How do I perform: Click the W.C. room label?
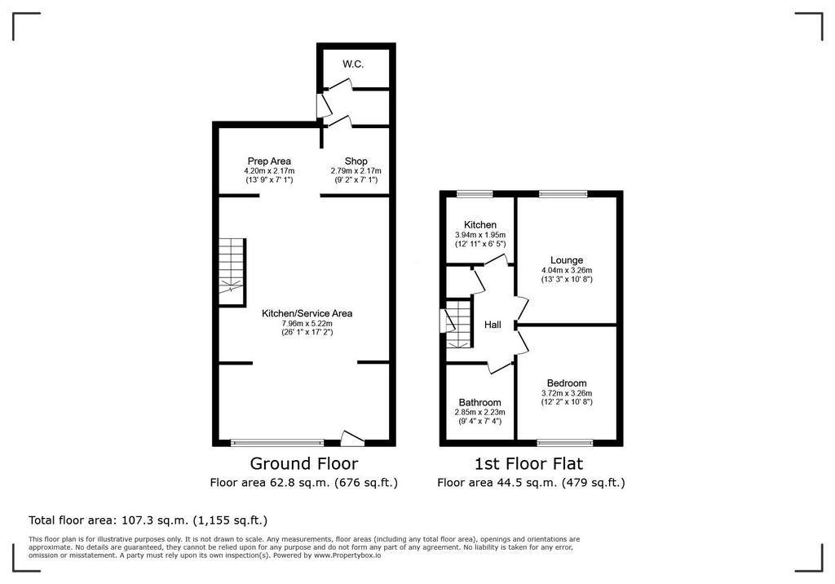pyautogui.click(x=353, y=64)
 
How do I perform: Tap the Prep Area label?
pyautogui.click(x=269, y=161)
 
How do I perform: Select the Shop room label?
pyautogui.click(x=356, y=161)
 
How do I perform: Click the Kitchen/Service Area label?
pyautogui.click(x=307, y=313)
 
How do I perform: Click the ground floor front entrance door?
pyautogui.click(x=351, y=439)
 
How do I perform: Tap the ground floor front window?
pyautogui.click(x=277, y=442)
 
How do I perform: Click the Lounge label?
pyautogui.click(x=567, y=260)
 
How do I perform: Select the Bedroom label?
pyautogui.click(x=567, y=383)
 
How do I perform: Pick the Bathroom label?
pyautogui.click(x=479, y=403)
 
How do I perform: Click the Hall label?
pyautogui.click(x=493, y=325)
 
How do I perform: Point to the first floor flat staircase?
pyautogui.click(x=459, y=325)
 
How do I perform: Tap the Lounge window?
pyautogui.click(x=563, y=194)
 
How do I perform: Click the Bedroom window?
pyautogui.click(x=564, y=442)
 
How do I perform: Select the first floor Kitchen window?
pyautogui.click(x=475, y=194)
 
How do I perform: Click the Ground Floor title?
pyautogui.click(x=304, y=463)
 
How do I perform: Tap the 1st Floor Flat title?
pyautogui.click(x=528, y=463)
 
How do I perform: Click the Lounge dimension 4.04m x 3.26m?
pyautogui.click(x=567, y=270)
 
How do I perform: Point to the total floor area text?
pyautogui.click(x=148, y=520)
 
